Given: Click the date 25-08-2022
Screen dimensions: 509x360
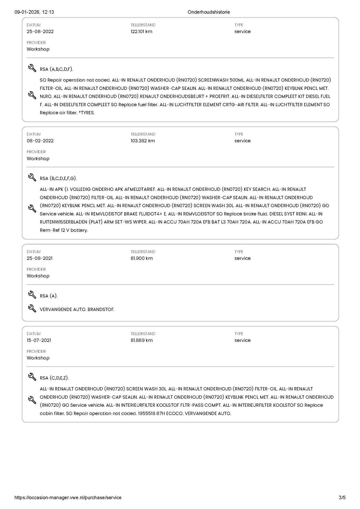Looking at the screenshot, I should (40, 31).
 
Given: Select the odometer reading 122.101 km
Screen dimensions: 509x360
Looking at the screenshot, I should (141, 31).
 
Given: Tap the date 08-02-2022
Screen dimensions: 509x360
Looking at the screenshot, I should (40, 141).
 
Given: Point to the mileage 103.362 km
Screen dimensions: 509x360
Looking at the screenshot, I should (143, 141).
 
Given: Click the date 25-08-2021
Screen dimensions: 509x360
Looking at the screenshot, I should (39, 258).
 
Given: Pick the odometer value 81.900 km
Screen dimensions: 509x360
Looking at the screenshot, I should (141, 258).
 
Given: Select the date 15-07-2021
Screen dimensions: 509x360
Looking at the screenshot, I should (39, 340).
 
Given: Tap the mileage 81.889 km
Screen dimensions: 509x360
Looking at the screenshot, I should (141, 340).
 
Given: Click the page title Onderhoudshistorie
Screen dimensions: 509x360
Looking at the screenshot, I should (209, 12).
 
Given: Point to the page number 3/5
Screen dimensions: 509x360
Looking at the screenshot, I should (342, 497).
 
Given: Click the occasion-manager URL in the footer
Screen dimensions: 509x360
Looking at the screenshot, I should (68, 497).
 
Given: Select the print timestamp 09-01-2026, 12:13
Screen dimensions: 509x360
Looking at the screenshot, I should (34, 12).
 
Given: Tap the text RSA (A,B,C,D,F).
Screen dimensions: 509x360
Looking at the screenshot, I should (56, 69).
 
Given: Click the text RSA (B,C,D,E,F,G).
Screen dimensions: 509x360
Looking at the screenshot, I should (58, 178).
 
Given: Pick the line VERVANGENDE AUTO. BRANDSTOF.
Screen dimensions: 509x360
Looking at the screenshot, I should (77, 309).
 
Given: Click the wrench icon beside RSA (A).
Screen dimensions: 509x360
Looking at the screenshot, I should (32, 295).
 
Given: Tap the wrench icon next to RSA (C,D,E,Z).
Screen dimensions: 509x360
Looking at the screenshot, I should (32, 377).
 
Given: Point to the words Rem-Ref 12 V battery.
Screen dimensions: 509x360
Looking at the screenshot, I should (64, 230).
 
